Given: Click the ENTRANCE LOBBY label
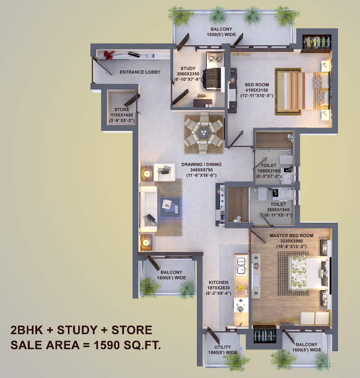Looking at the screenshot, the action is [x=140, y=72].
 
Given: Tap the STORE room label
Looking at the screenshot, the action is [x=122, y=110].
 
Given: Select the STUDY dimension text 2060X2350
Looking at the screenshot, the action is [x=188, y=74].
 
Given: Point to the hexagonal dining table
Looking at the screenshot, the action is [x=204, y=133].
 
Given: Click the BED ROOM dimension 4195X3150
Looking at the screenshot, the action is [x=257, y=90].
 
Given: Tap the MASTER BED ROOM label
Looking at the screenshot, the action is [x=292, y=236].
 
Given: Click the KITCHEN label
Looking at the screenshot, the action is [x=219, y=282].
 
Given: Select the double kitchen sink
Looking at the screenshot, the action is [x=241, y=266].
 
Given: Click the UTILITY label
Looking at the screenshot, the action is [x=223, y=347].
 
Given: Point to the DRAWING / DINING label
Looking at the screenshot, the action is [x=201, y=165].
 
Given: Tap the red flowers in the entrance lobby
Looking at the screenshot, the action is [x=109, y=55].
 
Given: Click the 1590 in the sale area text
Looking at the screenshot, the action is [x=106, y=345].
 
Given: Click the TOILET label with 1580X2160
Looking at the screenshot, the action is [x=268, y=166].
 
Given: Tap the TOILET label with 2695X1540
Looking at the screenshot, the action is [x=278, y=204].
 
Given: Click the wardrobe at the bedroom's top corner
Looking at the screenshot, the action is [x=316, y=42].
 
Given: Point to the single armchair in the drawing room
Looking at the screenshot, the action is [x=165, y=172].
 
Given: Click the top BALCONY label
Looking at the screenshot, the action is [x=221, y=29].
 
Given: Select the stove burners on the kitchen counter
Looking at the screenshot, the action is [x=241, y=305].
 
